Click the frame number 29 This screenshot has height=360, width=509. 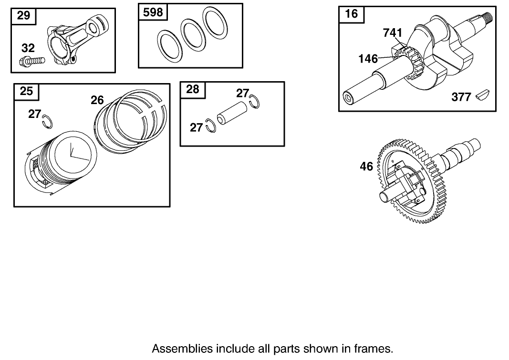click(23, 15)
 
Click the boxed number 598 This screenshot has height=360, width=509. click(153, 12)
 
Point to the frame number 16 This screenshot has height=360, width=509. click(351, 13)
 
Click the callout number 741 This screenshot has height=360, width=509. click(393, 33)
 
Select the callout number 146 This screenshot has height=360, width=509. click(368, 59)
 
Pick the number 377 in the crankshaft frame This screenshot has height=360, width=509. click(461, 97)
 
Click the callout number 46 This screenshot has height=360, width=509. click(366, 167)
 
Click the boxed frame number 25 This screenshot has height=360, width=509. click(26, 91)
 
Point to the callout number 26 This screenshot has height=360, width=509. click(97, 100)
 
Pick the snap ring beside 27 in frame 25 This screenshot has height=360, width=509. click(47, 121)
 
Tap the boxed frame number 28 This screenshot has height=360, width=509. click(192, 89)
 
